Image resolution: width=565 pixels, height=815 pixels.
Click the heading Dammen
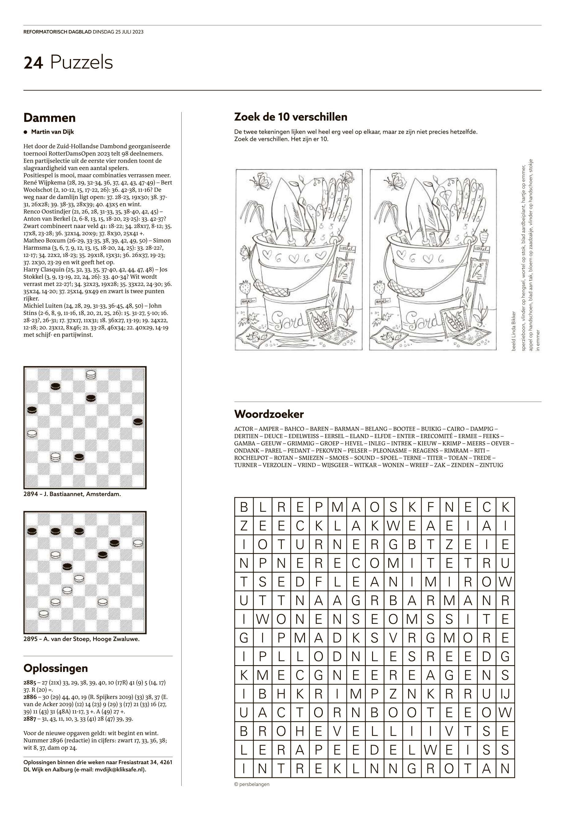pyautogui.click(x=49, y=118)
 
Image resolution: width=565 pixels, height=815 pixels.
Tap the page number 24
pyautogui.click(x=33, y=63)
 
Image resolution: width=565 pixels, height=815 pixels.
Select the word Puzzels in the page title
pyautogui.click(x=81, y=63)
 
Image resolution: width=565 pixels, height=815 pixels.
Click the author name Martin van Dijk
pyautogui.click(x=52, y=132)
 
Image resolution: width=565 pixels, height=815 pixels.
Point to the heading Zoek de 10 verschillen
pyautogui.click(x=291, y=117)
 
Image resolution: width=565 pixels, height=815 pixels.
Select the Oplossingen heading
pyautogui.click(x=55, y=668)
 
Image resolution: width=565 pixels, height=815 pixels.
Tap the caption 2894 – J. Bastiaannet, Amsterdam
pyautogui.click(x=72, y=494)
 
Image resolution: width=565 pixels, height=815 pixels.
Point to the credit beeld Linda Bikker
pyautogui.click(x=514, y=332)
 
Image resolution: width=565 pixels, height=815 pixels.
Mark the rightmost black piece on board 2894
pyautogui.click(x=138, y=422)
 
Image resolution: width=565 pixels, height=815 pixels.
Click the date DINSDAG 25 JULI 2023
pyautogui.click(x=118, y=32)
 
